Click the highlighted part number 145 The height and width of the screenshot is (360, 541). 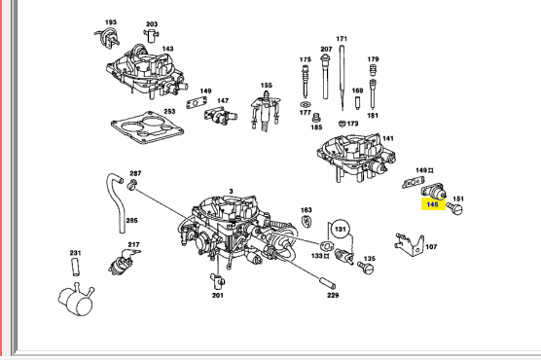(432, 204)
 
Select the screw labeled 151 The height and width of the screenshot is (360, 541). (454, 208)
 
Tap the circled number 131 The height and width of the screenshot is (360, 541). (341, 230)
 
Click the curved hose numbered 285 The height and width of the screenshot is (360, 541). (116, 202)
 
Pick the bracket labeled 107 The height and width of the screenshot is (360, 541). (410, 244)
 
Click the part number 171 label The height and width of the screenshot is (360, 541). (342, 39)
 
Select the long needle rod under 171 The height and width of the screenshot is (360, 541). (342, 78)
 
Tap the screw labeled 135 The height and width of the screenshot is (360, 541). (366, 268)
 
